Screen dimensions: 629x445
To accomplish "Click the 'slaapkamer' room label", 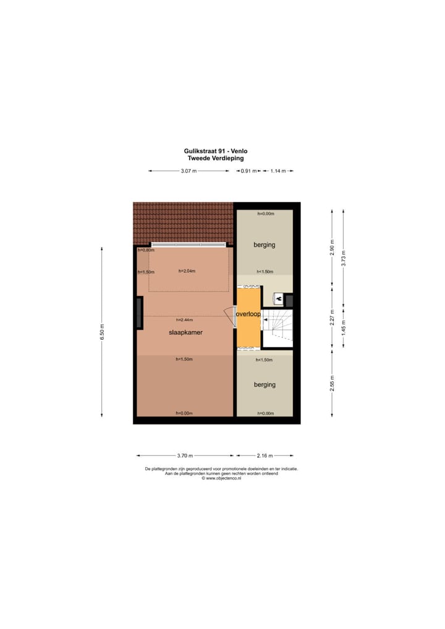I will coord(186,332).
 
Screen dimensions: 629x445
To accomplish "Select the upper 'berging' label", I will coord(264,245).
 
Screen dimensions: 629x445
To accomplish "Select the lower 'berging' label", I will coord(265,384).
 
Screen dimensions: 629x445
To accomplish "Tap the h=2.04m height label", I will coord(187,271).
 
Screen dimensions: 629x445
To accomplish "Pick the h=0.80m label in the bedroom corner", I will coord(145,250).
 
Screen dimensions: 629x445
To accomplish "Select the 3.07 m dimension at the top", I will coord(189,171).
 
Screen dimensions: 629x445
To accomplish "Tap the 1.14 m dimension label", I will coord(278,171).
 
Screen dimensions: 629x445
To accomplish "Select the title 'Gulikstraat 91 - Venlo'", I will coord(216,151).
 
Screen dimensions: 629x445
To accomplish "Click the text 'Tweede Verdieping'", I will coord(216,158).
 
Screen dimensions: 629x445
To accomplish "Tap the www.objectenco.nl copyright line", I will coord(221,478).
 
